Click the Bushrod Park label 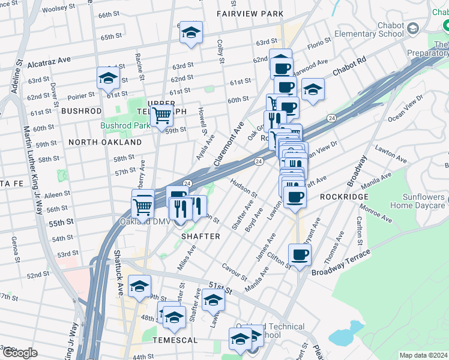[x=125, y=126]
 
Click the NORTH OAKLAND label [x=105, y=142]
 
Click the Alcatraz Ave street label [x=52, y=60]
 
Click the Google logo [x=19, y=353]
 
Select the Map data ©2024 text [x=423, y=355]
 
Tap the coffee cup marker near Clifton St [x=300, y=254]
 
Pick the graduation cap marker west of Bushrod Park [x=108, y=77]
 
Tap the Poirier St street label [x=82, y=94]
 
